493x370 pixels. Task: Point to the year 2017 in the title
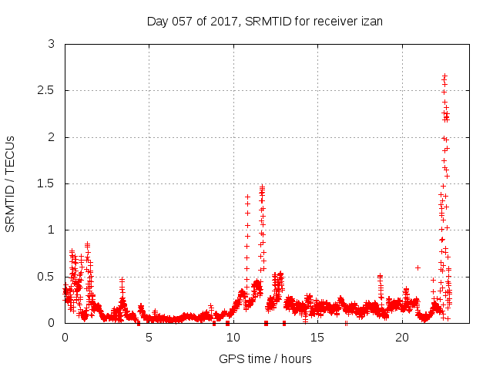[223, 21]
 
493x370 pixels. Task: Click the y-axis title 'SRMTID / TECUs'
[11, 183]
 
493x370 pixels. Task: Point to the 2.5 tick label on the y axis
[48, 91]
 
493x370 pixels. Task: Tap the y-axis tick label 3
[52, 45]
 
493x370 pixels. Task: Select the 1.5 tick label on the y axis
[48, 183]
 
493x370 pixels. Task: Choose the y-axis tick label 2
[52, 137]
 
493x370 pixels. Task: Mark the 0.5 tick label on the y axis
[48, 276]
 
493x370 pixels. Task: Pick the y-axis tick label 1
[52, 230]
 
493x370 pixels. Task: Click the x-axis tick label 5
[149, 337]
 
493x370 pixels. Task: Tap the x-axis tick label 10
[233, 337]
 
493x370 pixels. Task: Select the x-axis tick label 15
[317, 337]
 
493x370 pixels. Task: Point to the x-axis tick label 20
[401, 337]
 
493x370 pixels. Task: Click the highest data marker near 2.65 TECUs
[444, 76]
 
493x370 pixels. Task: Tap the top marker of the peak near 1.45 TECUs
[262, 187]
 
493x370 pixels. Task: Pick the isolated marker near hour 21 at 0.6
[418, 267]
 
